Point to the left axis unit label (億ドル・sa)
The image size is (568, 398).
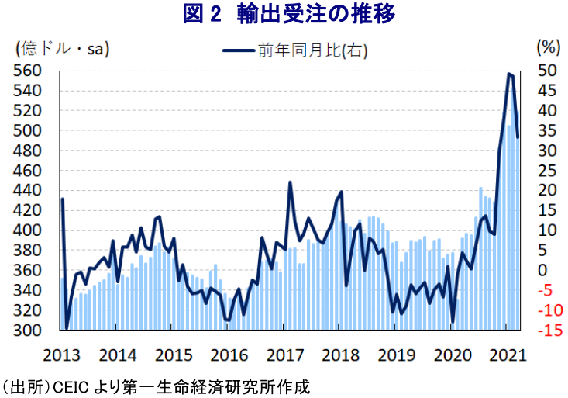[62, 48]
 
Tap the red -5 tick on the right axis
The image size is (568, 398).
[547, 291]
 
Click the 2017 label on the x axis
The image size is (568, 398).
[284, 355]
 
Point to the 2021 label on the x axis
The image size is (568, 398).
[506, 355]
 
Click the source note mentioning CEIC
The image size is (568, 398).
[155, 386]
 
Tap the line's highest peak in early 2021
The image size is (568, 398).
[508, 74]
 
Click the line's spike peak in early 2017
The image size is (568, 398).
[290, 182]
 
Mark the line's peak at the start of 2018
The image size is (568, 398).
[341, 192]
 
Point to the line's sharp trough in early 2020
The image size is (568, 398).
[453, 322]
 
